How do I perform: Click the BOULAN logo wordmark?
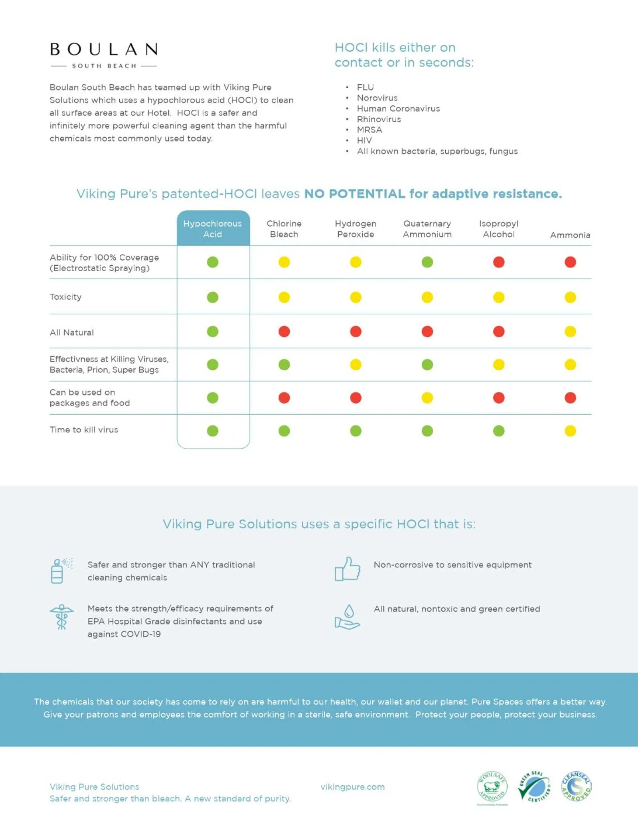[104, 49]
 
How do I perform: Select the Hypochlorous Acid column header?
[213, 229]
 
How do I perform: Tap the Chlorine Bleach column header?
[284, 229]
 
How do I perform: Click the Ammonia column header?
[570, 235]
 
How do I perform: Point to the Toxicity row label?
[65, 297]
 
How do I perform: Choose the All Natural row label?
[72, 332]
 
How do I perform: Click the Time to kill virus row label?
[84, 430]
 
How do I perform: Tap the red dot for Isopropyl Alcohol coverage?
[499, 262]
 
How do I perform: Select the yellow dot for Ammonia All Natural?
[570, 332]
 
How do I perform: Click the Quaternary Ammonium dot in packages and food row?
[427, 398]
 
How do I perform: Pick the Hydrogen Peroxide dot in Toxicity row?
[356, 297]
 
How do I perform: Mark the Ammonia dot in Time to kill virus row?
[570, 431]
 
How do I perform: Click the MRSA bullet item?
[369, 130]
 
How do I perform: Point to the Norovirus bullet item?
[377, 98]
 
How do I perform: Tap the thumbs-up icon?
[347, 569]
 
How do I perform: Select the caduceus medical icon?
[61, 617]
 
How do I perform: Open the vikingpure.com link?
[353, 787]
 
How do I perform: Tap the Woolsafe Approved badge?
[492, 787]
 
